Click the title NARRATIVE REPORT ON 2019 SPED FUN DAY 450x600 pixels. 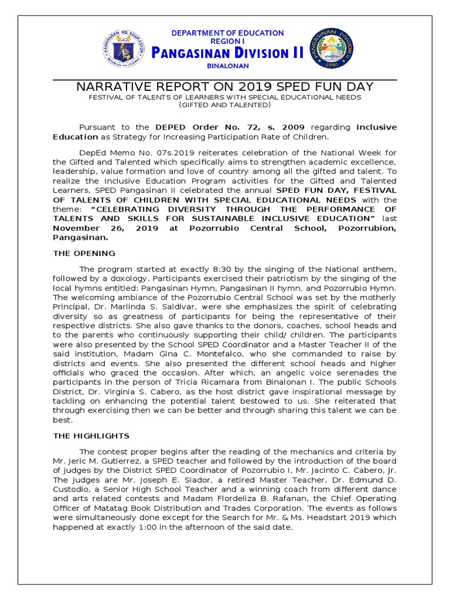pos(225,87)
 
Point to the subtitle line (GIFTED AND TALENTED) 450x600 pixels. pos(225,105)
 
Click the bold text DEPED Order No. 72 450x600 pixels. pos(193,127)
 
